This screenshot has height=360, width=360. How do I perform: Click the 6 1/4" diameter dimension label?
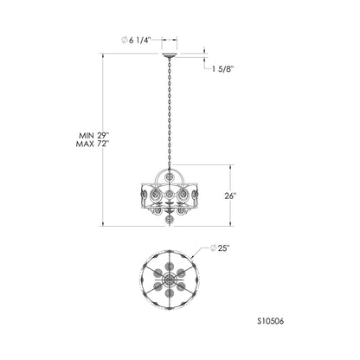pyautogui.click(x=136, y=41)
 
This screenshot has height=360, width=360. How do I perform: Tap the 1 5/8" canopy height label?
pyautogui.click(x=222, y=69)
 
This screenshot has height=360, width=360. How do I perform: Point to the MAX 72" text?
pyautogui.click(x=90, y=144)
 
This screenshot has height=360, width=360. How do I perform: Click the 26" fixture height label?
pyautogui.click(x=230, y=196)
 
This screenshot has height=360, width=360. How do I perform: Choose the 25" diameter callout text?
pyautogui.click(x=220, y=248)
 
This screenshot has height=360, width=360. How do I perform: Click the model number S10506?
pyautogui.click(x=270, y=321)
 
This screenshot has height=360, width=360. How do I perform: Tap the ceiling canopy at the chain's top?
pyautogui.click(x=170, y=55)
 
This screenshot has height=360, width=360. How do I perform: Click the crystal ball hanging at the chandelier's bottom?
pyautogui.click(x=169, y=221)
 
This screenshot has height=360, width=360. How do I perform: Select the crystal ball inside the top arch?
pyautogui.click(x=169, y=177)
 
